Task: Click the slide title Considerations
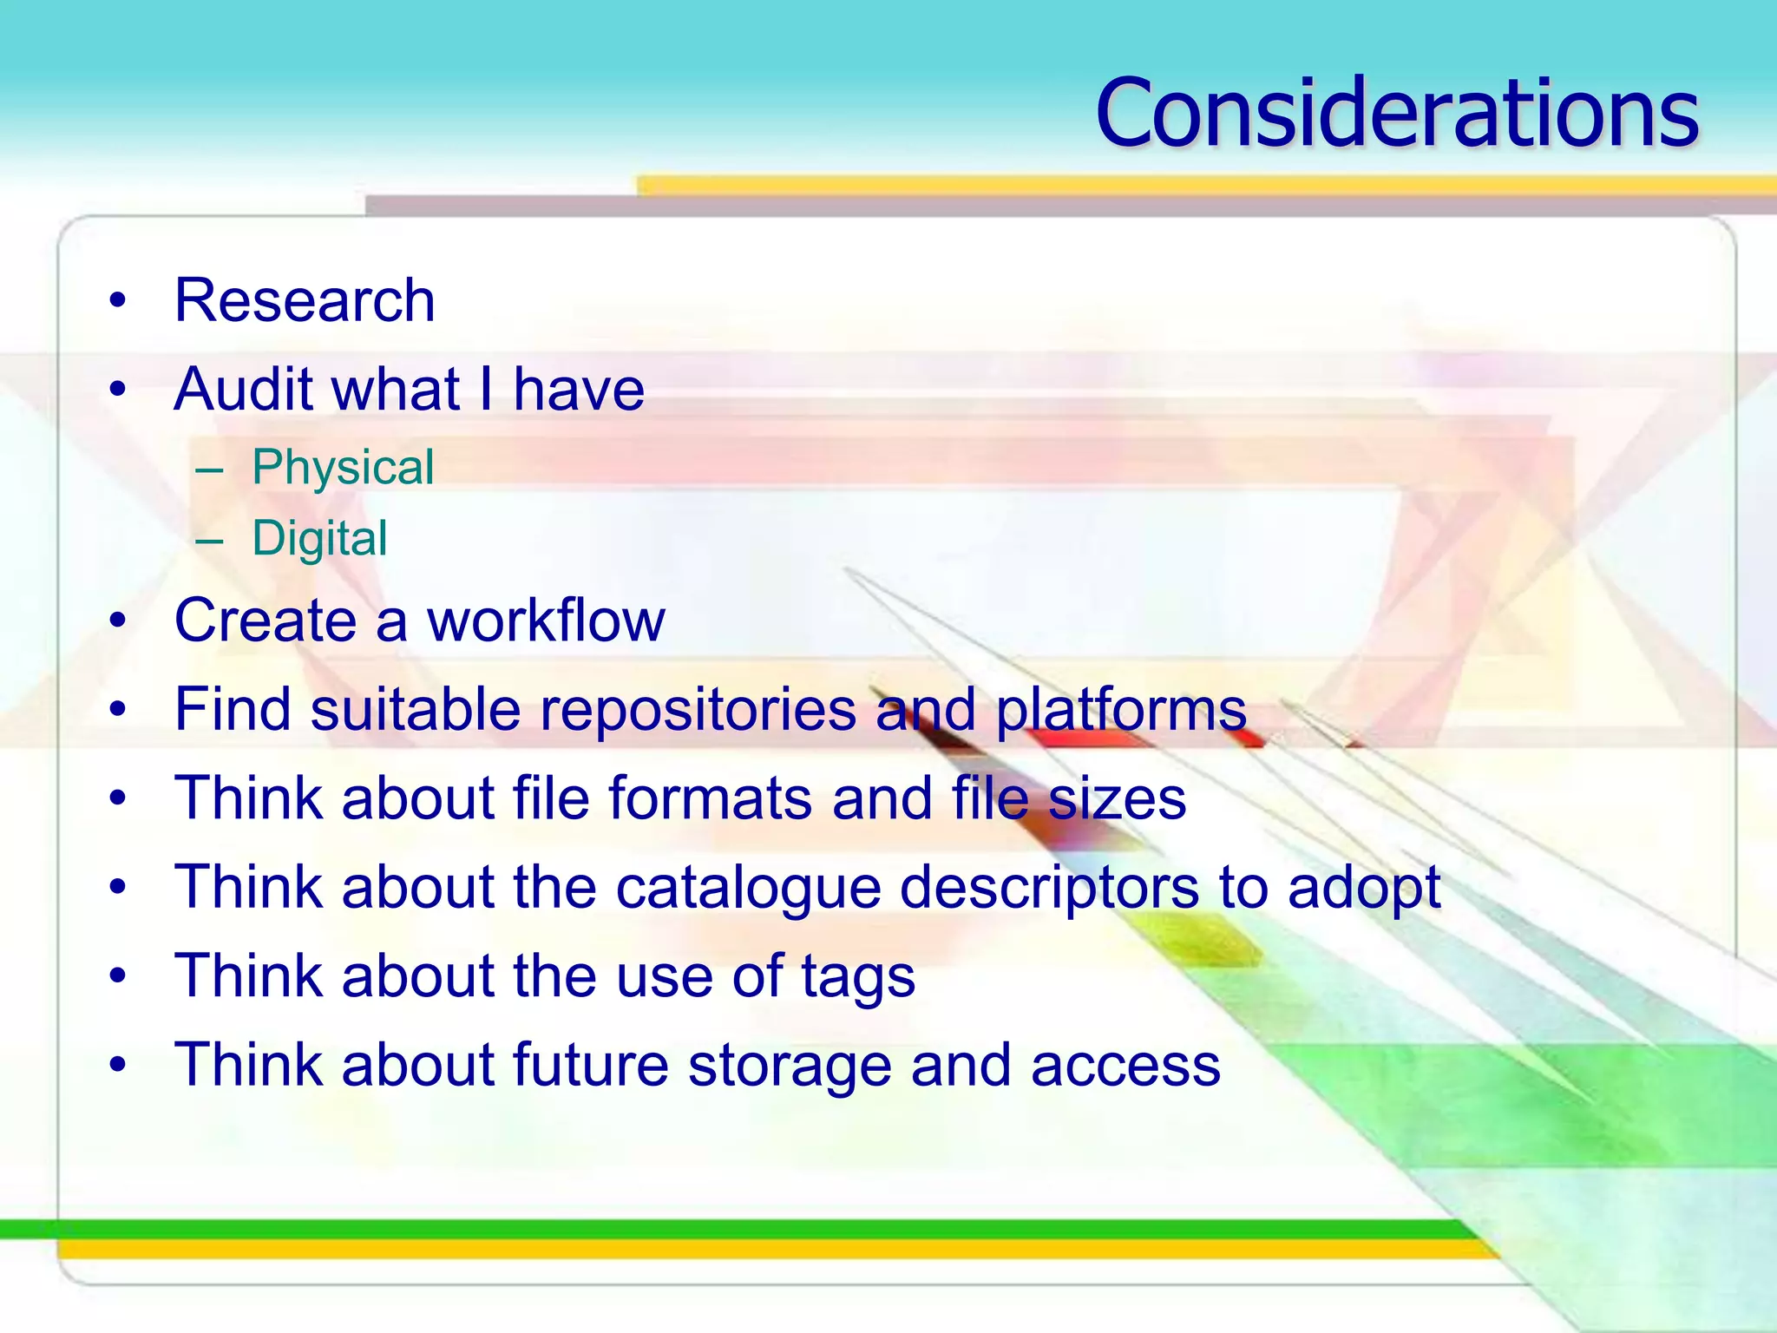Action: [1397, 113]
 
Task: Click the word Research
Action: [305, 300]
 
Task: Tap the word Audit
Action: [243, 389]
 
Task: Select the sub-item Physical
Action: [343, 468]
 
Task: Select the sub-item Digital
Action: [319, 538]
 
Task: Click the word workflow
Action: [546, 621]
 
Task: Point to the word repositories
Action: [698, 710]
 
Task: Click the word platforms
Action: [1120, 710]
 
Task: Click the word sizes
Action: [1117, 798]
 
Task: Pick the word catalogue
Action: [748, 887]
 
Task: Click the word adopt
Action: [1364, 887]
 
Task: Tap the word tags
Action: [857, 977]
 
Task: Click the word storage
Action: [790, 1066]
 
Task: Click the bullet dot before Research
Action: [118, 301]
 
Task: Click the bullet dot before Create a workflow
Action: [118, 621]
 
